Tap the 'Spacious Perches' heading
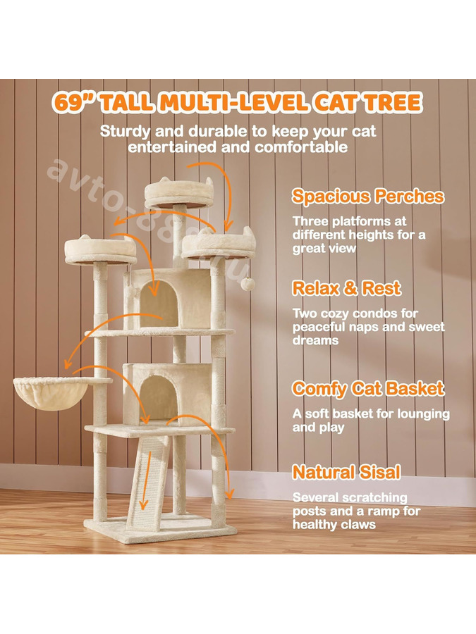(x=368, y=196)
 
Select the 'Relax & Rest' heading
(x=346, y=288)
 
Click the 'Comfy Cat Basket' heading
(x=368, y=389)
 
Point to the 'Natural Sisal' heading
(x=346, y=472)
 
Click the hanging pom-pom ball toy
(x=248, y=283)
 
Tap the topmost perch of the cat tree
(x=179, y=193)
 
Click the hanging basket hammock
(x=51, y=393)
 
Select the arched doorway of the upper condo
(x=159, y=302)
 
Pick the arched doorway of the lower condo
(x=159, y=397)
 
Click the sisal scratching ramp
(x=148, y=483)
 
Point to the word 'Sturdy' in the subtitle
(x=126, y=132)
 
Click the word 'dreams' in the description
(x=315, y=340)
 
